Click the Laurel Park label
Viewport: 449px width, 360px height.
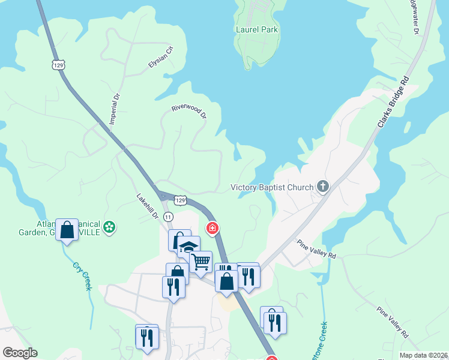tap(258, 29)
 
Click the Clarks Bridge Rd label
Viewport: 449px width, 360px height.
tap(393, 103)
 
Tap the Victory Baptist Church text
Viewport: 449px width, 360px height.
tap(272, 187)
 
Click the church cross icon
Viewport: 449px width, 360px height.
tap(323, 187)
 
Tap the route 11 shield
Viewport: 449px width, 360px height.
tap(168, 216)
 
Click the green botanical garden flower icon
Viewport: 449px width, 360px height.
tap(109, 227)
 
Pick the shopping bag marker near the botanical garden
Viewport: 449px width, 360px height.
tap(67, 229)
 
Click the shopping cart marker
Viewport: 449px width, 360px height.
tap(201, 261)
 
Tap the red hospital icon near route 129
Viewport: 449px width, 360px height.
tap(211, 228)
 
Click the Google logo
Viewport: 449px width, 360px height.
tap(20, 353)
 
